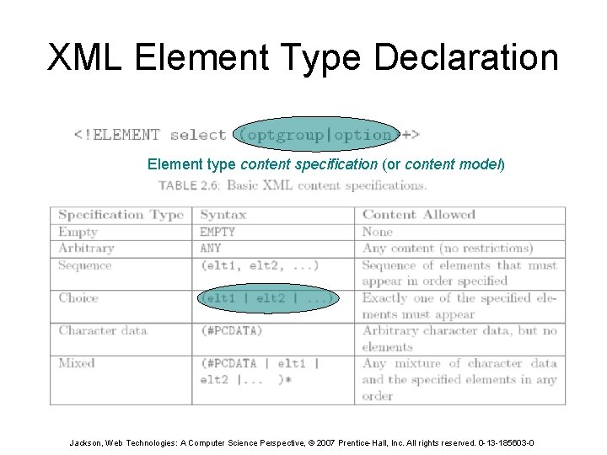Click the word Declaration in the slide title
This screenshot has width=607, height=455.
[x=465, y=57]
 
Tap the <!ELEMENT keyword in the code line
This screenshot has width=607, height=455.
[x=116, y=135]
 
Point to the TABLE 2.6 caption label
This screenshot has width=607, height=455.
[x=190, y=185]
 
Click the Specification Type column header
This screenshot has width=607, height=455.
[x=121, y=215]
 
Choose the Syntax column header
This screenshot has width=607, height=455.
[x=223, y=215]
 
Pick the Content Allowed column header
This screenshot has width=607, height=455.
[x=419, y=215]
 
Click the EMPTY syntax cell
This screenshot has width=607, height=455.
[x=218, y=232]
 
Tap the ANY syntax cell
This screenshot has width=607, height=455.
[x=211, y=248]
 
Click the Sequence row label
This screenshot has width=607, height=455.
[x=84, y=265]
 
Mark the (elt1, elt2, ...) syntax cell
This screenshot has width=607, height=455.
[x=259, y=265]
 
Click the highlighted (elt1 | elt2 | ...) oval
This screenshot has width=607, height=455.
[x=268, y=297]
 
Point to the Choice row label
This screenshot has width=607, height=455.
[x=78, y=297]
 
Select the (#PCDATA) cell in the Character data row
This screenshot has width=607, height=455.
[x=231, y=330]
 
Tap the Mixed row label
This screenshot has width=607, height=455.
[x=77, y=363]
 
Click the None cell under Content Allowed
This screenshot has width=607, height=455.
[x=378, y=232]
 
